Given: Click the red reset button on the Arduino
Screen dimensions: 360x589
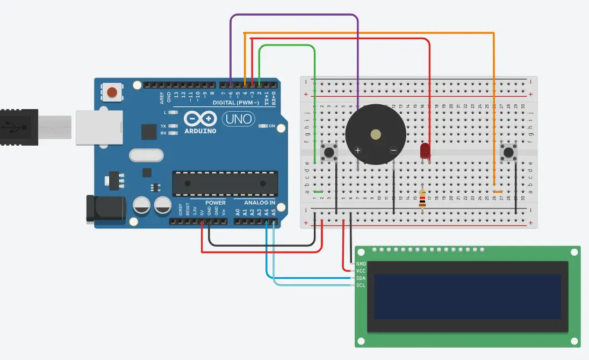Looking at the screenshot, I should [112, 92].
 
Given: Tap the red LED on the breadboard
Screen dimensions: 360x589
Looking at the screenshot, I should [425, 150].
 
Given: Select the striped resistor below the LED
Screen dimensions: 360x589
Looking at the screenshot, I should [422, 199].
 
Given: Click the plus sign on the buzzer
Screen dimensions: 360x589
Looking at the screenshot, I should [358, 150].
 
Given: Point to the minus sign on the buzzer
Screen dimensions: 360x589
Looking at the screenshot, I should [393, 150].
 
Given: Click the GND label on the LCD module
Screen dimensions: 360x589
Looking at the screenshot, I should [361, 264].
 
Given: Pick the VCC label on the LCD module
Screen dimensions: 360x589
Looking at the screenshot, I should [361, 271].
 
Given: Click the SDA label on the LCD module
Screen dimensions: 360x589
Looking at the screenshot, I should [361, 278].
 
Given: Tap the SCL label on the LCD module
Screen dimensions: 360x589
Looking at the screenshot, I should [361, 285].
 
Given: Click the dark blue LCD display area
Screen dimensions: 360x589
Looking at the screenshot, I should [468, 296].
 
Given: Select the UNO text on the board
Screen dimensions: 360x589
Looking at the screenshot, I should [234, 118].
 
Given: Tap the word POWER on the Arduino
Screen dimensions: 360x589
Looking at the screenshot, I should [216, 203].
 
